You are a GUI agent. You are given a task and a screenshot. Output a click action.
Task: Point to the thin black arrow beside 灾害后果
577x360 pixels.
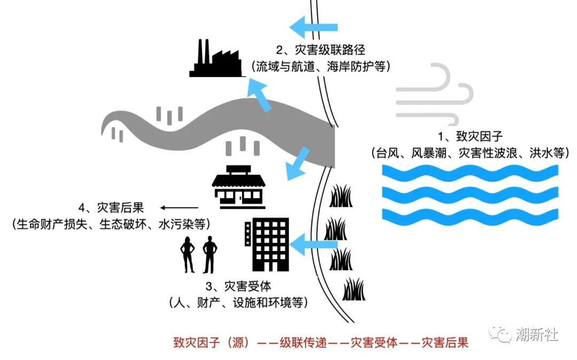tap(180, 208)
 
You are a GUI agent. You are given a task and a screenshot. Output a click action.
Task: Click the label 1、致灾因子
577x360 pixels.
tap(469, 136)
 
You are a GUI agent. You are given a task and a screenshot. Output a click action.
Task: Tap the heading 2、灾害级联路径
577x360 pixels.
tap(321, 50)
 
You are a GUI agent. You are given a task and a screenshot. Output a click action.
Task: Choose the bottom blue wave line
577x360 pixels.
tap(470, 216)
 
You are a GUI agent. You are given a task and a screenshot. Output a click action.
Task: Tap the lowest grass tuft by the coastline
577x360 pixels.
tap(353, 289)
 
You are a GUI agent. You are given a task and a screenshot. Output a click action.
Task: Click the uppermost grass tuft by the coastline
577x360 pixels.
tap(340, 196)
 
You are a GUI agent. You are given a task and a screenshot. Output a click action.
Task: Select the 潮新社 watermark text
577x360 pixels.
tap(537, 335)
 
